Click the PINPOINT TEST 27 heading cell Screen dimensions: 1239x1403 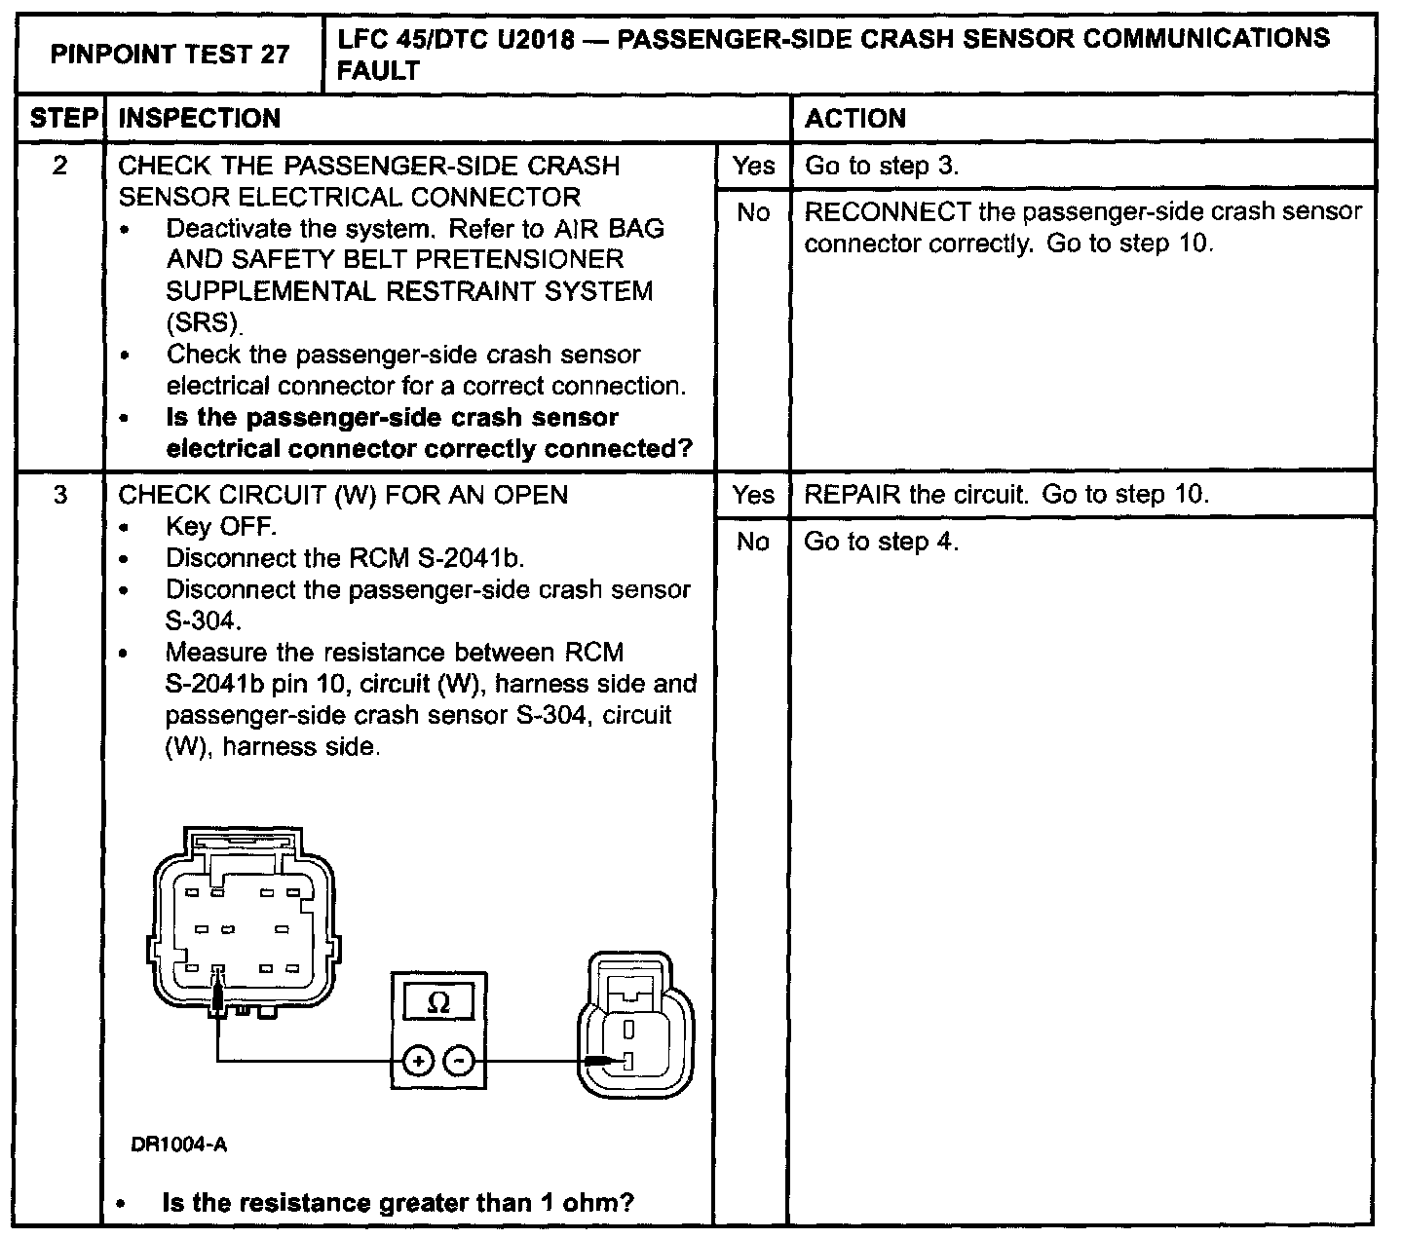[170, 54]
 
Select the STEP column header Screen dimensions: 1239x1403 [60, 118]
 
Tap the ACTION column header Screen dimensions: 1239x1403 [855, 118]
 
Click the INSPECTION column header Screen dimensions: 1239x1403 [199, 118]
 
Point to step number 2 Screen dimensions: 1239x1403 [60, 166]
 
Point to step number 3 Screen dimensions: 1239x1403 [60, 495]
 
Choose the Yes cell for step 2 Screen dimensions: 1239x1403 [753, 166]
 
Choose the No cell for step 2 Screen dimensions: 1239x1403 [753, 212]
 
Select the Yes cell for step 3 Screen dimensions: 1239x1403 [753, 495]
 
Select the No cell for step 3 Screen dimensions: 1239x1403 [753, 542]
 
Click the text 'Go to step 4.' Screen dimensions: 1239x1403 [881, 542]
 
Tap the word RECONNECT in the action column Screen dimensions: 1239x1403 [887, 212]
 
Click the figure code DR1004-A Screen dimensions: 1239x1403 [179, 1145]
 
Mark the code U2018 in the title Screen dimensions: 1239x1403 [538, 39]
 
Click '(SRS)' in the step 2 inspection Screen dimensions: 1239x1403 [204, 322]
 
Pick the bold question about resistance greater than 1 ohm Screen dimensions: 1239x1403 [398, 1203]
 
